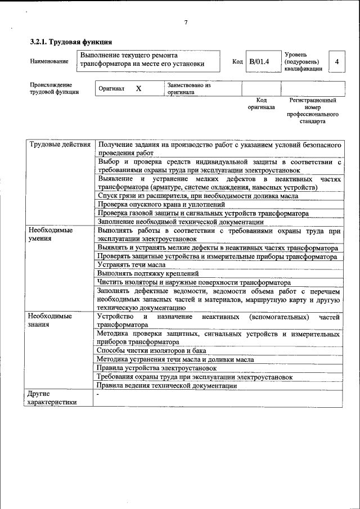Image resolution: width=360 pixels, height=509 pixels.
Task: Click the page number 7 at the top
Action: coord(186,22)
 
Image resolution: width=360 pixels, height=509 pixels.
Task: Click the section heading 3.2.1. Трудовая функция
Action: coord(71,42)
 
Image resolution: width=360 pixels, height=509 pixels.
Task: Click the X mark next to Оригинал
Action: coord(138,89)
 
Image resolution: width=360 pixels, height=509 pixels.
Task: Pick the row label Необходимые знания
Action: coord(50,321)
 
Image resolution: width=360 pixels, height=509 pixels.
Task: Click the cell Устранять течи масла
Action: coord(131,264)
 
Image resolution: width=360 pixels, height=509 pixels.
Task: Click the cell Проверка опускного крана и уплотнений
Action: coord(161,205)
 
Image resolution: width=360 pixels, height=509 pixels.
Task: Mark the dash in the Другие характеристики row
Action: coord(98,395)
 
